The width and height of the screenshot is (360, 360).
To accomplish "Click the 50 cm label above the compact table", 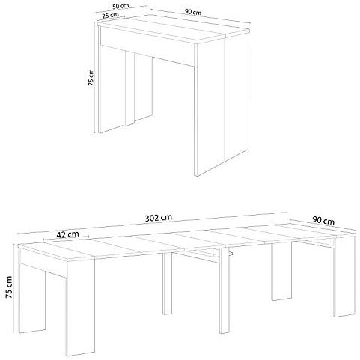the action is pyautogui.click(x=120, y=6).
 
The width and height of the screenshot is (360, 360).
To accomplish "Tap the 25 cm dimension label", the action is pyautogui.click(x=110, y=15).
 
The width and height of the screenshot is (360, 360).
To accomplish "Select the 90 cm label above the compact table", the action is pyautogui.click(x=193, y=12).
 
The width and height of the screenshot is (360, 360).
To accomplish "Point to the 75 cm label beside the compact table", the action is pyautogui.click(x=91, y=77).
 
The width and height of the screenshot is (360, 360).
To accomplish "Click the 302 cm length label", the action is pyautogui.click(x=159, y=218).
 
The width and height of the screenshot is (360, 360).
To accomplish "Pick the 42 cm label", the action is pyautogui.click(x=67, y=234).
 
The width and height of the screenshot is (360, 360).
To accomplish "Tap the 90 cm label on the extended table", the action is pyautogui.click(x=323, y=220).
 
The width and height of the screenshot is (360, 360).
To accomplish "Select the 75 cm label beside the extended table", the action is pyautogui.click(x=9, y=287).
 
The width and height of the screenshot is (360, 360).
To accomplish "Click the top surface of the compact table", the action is pyautogui.click(x=172, y=28).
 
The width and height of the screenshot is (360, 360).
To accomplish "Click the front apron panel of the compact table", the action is pyautogui.click(x=147, y=46).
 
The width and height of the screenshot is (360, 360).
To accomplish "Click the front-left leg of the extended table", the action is pyautogui.click(x=81, y=307).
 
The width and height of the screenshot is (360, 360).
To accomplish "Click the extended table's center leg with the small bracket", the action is pyautogui.click(x=224, y=290).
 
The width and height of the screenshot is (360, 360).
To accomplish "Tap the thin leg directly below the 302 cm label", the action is pyautogui.click(x=167, y=283).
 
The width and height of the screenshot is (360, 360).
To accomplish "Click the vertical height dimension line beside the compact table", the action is pyautogui.click(x=94, y=77).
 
